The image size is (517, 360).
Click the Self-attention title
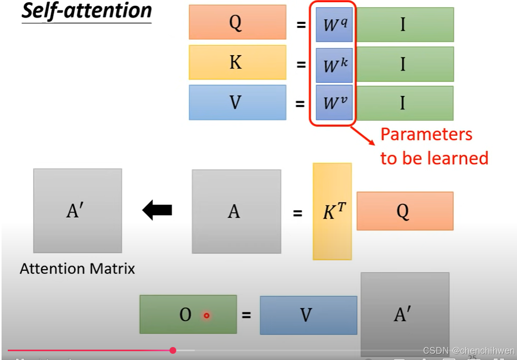click(87, 11)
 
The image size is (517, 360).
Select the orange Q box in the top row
click(237, 22)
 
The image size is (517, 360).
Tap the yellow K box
click(237, 62)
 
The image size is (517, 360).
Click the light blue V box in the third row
click(237, 102)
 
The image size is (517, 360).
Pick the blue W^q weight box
click(334, 24)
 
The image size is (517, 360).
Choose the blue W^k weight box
click(334, 64)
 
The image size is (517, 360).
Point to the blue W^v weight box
click(334, 103)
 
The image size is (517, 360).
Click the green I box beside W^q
click(405, 24)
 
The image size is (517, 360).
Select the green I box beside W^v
click(405, 103)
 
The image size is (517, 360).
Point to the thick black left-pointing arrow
click(157, 210)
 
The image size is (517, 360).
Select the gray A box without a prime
click(236, 211)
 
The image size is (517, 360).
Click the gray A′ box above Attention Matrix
click(77, 210)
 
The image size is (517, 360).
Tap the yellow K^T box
click(332, 211)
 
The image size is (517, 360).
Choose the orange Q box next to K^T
click(404, 211)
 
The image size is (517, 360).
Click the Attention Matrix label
click(77, 269)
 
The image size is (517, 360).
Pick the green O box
click(188, 314)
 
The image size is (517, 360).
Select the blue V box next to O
click(308, 315)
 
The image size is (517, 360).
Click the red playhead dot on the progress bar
click(173, 351)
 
